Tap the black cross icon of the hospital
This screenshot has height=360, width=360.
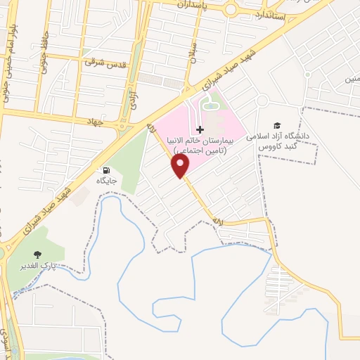click(200, 129)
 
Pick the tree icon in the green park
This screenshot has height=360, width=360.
click(38, 254)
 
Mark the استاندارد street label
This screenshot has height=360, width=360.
click(270, 14)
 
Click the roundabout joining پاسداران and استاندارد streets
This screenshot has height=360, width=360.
click(231, 9)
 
